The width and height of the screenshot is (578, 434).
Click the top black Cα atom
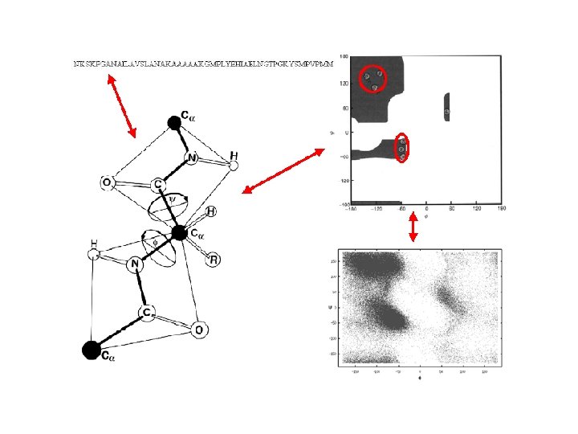[173, 123]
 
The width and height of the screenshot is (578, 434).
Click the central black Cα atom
[179, 234]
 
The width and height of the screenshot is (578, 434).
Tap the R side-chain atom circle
[214, 259]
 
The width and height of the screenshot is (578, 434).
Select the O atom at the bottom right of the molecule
[199, 330]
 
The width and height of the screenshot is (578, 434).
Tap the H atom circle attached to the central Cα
[210, 212]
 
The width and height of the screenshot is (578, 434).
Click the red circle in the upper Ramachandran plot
[372, 78]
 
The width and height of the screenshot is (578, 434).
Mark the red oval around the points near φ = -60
[402, 148]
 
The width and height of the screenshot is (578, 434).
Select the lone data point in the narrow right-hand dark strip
[447, 112]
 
